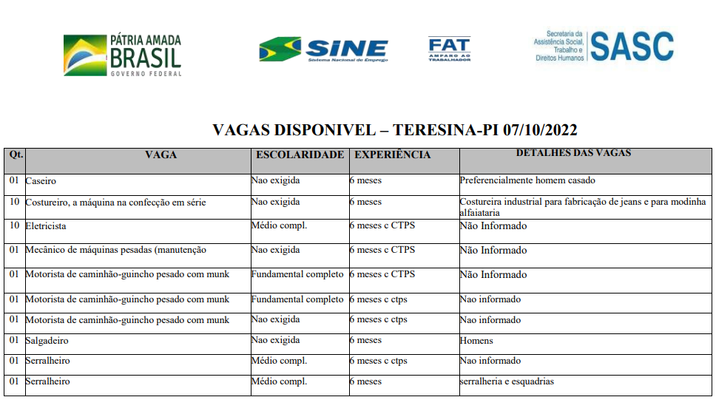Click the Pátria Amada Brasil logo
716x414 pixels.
click(x=122, y=55)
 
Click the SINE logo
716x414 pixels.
click(x=323, y=50)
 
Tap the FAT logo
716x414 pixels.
click(x=449, y=49)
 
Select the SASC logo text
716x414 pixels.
click(x=631, y=46)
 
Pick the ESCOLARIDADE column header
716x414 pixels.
click(x=300, y=155)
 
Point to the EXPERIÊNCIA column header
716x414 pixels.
click(x=392, y=155)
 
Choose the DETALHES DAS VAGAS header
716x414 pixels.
click(x=573, y=153)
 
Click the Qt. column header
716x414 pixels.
click(x=16, y=155)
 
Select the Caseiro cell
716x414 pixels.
click(x=41, y=180)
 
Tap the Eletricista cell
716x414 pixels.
click(x=46, y=225)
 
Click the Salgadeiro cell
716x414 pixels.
click(x=48, y=341)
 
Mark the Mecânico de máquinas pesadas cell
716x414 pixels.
click(x=115, y=250)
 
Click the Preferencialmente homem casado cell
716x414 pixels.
click(x=527, y=180)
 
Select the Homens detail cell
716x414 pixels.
click(x=476, y=341)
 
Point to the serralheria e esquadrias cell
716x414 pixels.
click(x=507, y=381)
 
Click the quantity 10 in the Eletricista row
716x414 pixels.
click(x=14, y=225)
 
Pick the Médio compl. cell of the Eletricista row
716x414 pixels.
click(x=279, y=225)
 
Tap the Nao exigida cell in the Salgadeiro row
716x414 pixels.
click(x=275, y=341)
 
